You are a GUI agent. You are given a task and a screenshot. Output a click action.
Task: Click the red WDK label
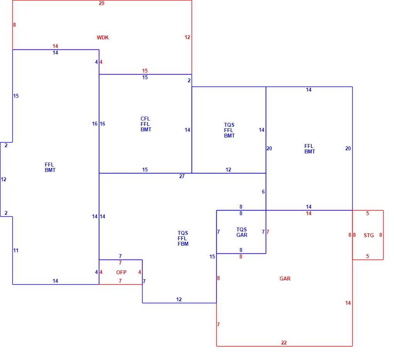click(102, 37)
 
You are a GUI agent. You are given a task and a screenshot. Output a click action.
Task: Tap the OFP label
click(121, 272)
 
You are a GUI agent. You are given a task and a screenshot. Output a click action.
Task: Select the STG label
click(369, 235)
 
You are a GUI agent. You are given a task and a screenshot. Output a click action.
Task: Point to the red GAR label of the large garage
click(285, 278)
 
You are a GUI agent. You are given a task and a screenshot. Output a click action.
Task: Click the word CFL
click(145, 119)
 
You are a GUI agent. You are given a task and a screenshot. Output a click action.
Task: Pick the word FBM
click(183, 244)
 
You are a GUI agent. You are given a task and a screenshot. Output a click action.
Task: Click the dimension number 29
click(102, 3)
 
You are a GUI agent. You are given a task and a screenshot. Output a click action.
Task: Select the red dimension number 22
click(284, 343)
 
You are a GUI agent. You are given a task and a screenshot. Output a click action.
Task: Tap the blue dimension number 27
click(182, 177)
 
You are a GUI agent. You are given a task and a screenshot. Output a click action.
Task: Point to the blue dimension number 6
click(263, 192)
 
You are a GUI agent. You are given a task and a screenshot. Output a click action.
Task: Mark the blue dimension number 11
click(16, 250)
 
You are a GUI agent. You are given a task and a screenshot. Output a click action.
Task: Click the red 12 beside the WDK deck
click(187, 37)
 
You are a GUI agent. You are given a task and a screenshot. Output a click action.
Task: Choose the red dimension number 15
click(145, 71)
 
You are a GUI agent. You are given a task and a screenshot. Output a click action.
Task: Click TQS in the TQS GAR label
click(241, 229)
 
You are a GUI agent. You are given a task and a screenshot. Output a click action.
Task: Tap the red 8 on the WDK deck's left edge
click(14, 25)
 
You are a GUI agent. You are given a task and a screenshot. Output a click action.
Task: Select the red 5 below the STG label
click(367, 256)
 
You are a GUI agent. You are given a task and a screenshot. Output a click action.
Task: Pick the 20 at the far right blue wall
click(348, 148)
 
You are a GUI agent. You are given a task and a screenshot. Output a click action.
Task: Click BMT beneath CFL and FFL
click(146, 130)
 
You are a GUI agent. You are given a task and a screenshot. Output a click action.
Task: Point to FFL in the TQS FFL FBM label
click(182, 238)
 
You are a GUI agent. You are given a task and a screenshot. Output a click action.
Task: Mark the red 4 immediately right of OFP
click(139, 272)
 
